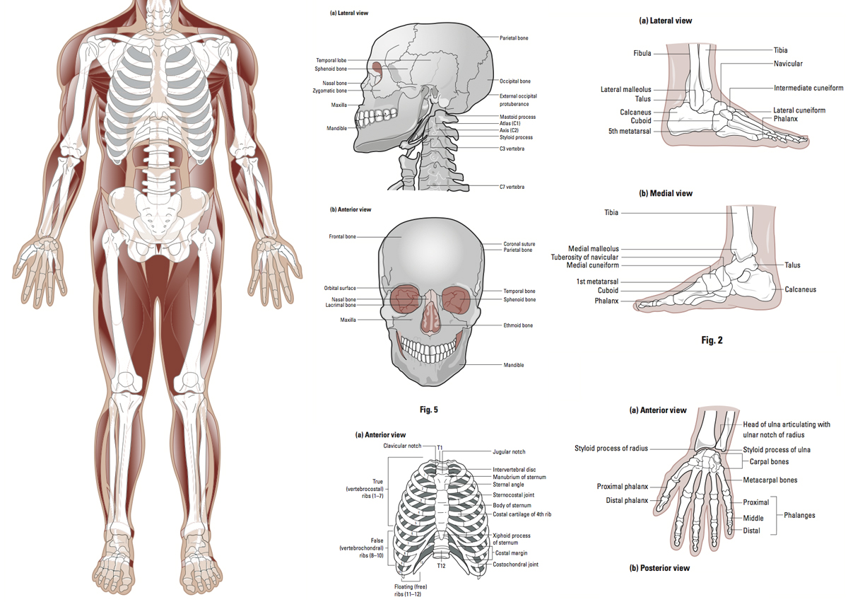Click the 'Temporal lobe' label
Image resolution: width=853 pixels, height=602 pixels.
[331, 60]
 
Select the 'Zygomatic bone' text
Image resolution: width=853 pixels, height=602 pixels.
[330, 91]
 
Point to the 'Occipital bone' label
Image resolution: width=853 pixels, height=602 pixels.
[515, 81]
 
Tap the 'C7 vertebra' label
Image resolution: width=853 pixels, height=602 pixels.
[512, 187]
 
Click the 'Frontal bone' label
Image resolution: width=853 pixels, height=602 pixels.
[342, 236]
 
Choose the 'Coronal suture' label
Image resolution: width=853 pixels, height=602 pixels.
[519, 243]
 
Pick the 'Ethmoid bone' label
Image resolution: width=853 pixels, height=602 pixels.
[518, 325]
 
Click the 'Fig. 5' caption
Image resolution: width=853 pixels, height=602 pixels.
[429, 410]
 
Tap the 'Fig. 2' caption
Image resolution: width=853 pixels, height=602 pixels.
[712, 340]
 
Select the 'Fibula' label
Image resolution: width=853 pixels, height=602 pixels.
[642, 53]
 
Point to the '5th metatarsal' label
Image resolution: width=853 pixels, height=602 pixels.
[630, 131]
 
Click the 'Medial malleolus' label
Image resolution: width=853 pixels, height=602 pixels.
[594, 248]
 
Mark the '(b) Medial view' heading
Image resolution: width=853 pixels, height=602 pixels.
[666, 193]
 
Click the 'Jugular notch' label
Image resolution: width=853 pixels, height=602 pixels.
[509, 452]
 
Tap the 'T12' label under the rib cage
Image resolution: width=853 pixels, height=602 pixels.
[441, 566]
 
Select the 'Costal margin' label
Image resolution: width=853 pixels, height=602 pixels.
[511, 552]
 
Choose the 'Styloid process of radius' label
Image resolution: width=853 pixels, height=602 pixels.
[611, 448]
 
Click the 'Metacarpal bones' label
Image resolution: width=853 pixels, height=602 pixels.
[770, 480]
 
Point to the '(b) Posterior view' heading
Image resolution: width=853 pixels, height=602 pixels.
[659, 568]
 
